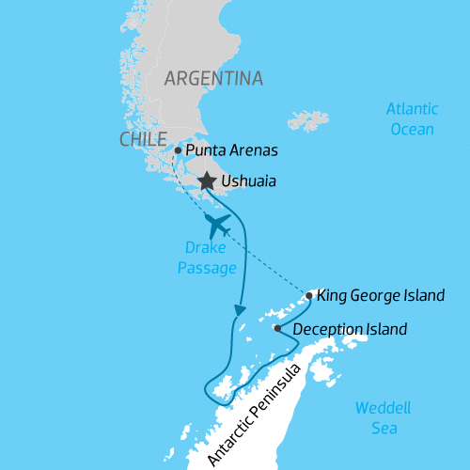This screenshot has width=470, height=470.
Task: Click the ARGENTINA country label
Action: [213, 78]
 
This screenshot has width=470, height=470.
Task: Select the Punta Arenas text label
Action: [232, 150]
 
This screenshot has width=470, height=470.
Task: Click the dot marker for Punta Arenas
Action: [178, 149]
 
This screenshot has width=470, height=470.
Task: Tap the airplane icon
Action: [218, 226]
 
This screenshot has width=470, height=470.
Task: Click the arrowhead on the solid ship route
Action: [241, 309]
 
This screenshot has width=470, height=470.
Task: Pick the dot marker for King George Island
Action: [309, 295]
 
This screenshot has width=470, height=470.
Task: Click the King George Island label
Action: [381, 296]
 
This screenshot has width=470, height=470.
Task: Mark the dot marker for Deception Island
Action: [277, 329]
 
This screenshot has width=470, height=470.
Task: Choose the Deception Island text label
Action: [350, 330]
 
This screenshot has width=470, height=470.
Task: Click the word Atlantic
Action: [412, 110]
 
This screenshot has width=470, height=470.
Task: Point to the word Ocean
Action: [412, 129]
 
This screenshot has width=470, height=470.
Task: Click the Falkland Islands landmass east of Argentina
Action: [308, 120]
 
